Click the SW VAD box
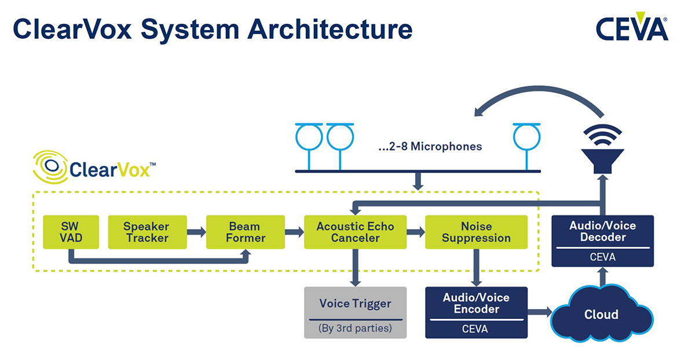(x=71, y=232)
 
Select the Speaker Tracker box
(x=147, y=232)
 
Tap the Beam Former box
(x=246, y=232)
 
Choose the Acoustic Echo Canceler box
(x=355, y=232)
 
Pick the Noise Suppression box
(x=476, y=232)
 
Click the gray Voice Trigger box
(x=355, y=313)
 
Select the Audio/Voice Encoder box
(x=476, y=313)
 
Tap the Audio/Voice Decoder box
(x=602, y=241)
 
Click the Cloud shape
(x=602, y=314)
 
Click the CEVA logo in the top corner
(x=632, y=27)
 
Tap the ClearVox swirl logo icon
(x=50, y=167)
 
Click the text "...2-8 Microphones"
(x=430, y=146)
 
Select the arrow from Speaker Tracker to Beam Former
(x=197, y=232)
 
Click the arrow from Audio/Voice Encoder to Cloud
(x=540, y=311)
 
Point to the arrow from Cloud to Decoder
(x=602, y=277)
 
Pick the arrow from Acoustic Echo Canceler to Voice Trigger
(x=355, y=268)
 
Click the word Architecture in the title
(x=330, y=29)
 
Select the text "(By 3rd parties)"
(x=355, y=328)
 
